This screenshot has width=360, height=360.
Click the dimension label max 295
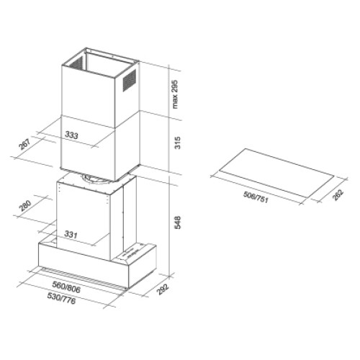(176, 94)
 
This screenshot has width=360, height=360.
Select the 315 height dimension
(177, 143)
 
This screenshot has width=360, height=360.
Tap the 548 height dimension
(177, 222)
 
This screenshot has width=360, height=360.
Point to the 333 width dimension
(71, 135)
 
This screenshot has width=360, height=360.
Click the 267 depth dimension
(25, 144)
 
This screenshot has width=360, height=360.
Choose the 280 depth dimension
(25, 205)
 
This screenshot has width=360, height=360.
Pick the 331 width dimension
(71, 234)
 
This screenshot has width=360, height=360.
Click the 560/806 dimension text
(66, 287)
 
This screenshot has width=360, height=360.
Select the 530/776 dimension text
(61, 298)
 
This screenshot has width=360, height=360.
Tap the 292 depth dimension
(163, 289)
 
